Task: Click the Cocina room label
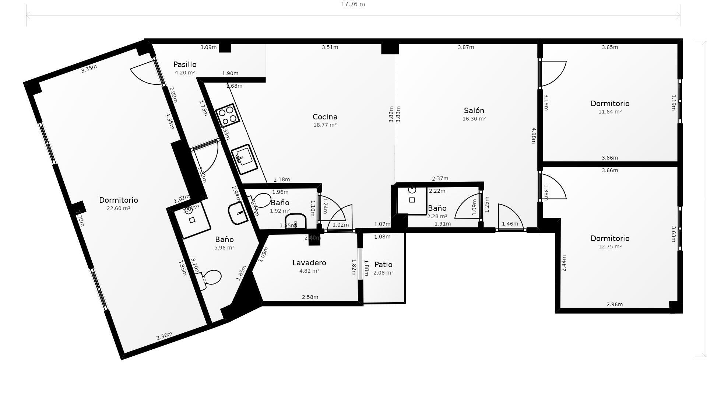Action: (325, 117)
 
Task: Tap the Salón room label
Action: (474, 111)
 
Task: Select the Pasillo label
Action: (185, 64)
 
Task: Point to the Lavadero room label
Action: (309, 263)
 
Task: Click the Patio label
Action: (383, 265)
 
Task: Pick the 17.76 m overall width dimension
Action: (353, 4)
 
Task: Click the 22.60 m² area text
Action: (118, 208)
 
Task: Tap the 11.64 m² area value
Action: (610, 112)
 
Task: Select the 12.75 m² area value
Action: (610, 247)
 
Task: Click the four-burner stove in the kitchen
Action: (227, 115)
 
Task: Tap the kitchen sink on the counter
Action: (244, 159)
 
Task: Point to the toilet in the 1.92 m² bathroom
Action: (261, 200)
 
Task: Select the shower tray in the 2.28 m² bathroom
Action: (412, 200)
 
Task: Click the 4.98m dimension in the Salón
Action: (533, 136)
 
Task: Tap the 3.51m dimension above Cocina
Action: (330, 47)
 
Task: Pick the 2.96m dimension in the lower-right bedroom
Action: (615, 304)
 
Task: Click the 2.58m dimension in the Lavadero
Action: (310, 297)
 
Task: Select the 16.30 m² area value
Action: (474, 119)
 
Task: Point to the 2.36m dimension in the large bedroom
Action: (164, 336)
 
